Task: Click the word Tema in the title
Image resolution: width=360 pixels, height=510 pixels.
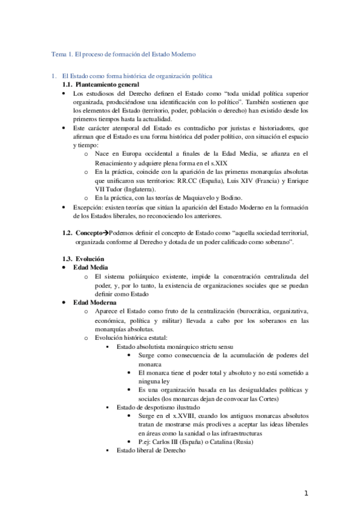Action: click(58, 54)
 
